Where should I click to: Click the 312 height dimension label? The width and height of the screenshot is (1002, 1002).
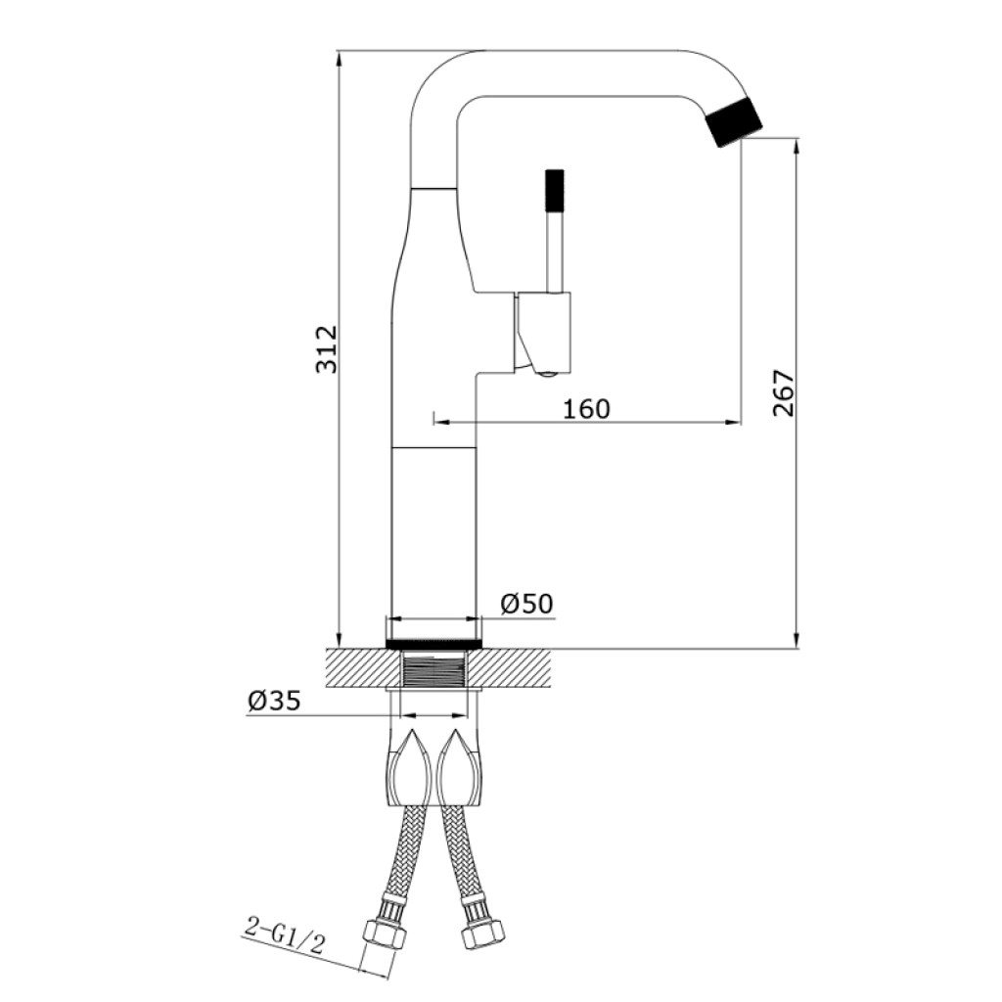click(327, 349)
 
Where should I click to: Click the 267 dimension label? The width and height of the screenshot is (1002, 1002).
click(784, 393)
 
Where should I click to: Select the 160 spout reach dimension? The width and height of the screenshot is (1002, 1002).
click(587, 408)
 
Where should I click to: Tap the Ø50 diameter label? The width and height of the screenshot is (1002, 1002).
click(526, 603)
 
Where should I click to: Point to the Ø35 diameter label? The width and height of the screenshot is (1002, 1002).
click(274, 701)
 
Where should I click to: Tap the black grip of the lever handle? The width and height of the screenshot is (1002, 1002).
click(555, 191)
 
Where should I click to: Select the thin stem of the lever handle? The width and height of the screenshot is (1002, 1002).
click(555, 252)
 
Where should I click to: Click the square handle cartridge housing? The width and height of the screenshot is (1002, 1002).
click(544, 332)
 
